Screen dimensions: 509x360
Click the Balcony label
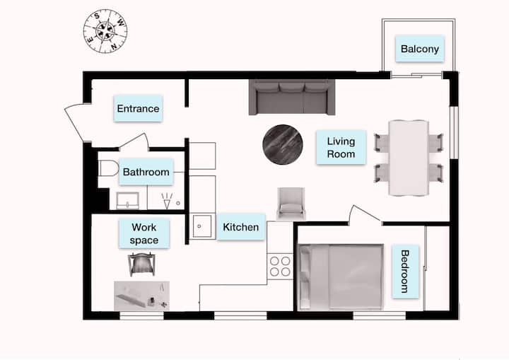[419, 49]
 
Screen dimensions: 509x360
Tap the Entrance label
[138, 108]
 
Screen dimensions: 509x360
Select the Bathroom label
[146, 172]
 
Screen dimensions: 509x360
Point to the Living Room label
[341, 147]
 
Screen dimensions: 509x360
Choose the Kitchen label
[241, 227]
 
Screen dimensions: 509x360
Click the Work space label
[144, 233]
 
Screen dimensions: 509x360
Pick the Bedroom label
[405, 272]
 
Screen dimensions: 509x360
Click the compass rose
[105, 31]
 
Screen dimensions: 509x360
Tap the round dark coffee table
[282, 144]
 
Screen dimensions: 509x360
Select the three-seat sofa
[292, 97]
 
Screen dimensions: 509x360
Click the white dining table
[409, 158]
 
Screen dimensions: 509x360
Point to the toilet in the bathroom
[108, 168]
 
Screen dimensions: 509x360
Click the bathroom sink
[127, 200]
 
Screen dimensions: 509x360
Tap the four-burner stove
[280, 266]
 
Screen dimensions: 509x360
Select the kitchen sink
[202, 226]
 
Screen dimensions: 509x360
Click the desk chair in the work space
[141, 264]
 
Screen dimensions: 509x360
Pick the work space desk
[141, 296]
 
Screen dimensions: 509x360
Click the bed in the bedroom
[341, 277]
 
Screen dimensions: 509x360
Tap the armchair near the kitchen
[291, 204]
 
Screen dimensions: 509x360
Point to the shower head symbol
[167, 201]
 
